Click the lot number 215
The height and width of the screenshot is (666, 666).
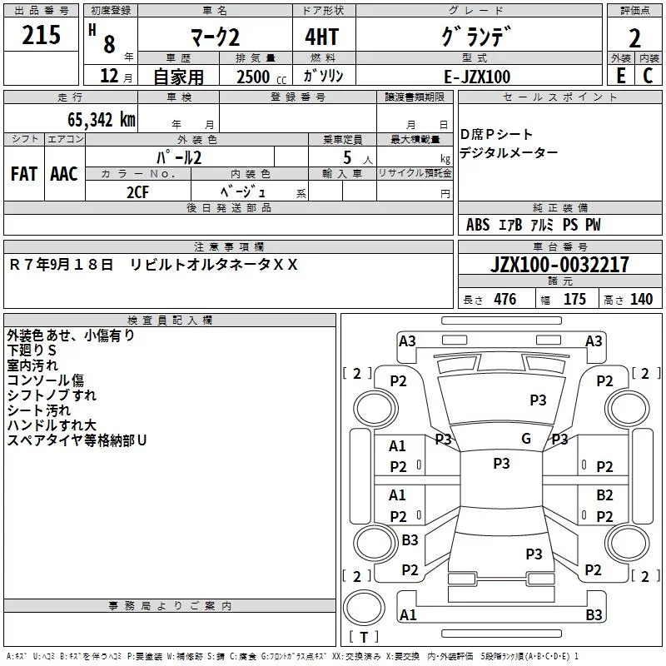tap(42, 35)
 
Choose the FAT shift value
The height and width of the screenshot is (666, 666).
tap(24, 174)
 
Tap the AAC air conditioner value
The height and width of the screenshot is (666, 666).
tap(64, 174)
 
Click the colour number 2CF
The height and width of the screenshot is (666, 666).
tap(137, 192)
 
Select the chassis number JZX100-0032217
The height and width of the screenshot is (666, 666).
tap(560, 265)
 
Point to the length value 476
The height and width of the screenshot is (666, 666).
tap(504, 300)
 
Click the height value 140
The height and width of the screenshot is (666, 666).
tap(641, 300)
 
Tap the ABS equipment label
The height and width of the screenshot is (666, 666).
tap(478, 225)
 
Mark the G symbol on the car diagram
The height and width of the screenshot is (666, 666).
tap(526, 439)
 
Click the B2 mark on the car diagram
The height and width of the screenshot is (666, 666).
tap(604, 495)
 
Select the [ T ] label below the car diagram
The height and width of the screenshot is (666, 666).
tap(363, 638)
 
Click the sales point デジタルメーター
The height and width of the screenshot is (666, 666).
tap(509, 153)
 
